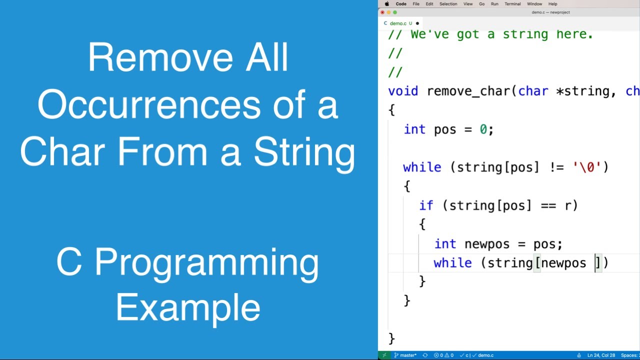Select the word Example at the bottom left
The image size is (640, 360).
188,307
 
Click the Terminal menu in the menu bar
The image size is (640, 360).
512,4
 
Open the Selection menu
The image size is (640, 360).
448,4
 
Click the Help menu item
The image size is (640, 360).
552,4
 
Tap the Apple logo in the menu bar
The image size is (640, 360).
386,4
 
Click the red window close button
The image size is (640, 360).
382,12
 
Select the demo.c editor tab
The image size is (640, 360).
398,23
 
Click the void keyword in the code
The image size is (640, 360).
403,91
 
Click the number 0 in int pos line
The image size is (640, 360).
483,129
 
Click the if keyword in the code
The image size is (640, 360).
426,205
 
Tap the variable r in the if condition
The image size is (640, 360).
568,205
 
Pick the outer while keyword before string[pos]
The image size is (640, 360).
422,167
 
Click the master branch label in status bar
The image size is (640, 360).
408,355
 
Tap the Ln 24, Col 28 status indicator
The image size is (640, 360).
601,355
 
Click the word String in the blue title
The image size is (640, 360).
304,152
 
